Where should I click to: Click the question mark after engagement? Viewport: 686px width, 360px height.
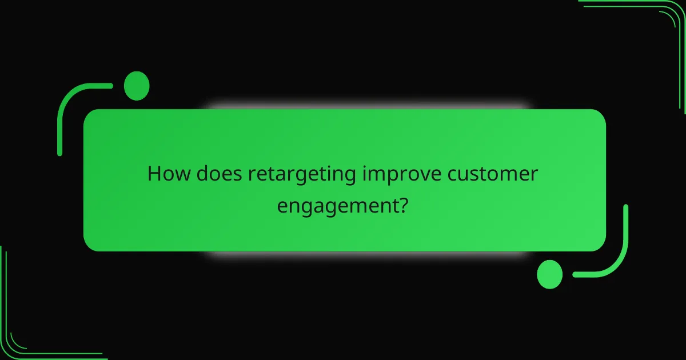(403, 204)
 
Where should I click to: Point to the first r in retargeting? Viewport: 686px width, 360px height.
(251, 175)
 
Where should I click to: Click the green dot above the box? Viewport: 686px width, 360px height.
(137, 86)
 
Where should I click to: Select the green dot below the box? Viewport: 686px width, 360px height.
(549, 274)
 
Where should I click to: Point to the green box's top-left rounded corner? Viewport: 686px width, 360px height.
(91, 117)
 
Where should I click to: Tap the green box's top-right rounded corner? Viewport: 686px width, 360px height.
(598, 117)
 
